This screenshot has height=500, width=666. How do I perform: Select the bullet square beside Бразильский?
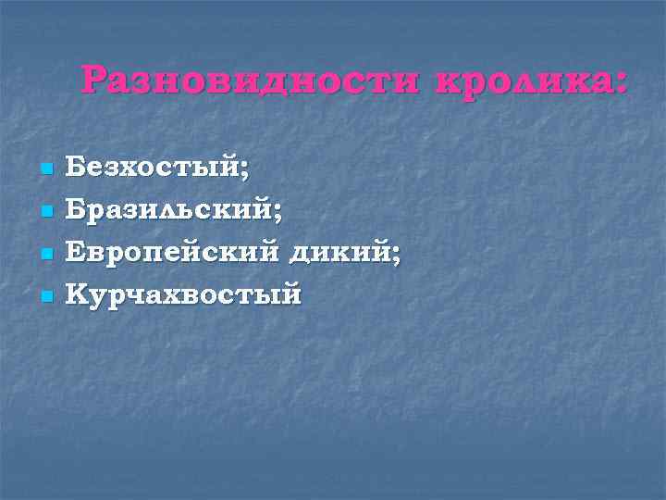coord(45,213)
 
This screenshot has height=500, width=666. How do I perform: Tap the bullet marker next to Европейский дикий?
coord(45,255)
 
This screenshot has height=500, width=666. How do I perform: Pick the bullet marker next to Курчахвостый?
coord(45,297)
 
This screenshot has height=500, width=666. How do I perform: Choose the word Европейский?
coord(172,254)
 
